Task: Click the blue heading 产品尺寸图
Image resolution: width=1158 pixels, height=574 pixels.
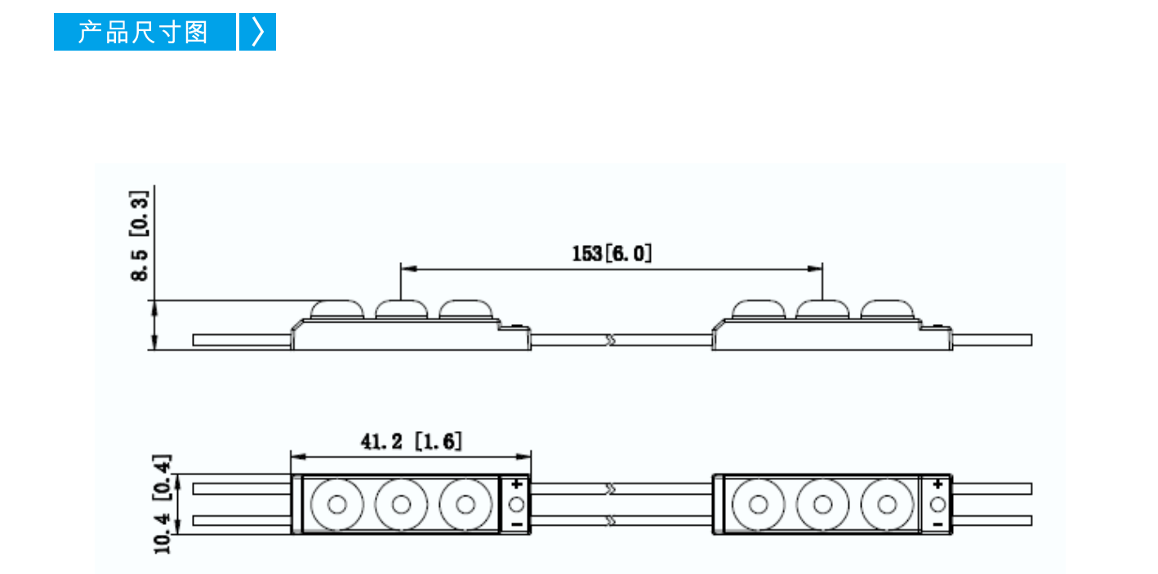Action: point(143,32)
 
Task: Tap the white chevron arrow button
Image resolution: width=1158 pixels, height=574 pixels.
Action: point(257,32)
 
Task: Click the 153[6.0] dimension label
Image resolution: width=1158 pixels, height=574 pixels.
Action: point(612,253)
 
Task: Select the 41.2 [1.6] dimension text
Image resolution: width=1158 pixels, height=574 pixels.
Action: point(411,441)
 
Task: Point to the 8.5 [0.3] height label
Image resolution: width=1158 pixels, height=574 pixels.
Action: point(140,236)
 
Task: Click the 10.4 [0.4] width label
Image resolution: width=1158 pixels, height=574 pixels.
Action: point(162,505)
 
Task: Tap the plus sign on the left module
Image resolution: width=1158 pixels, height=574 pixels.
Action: point(516,484)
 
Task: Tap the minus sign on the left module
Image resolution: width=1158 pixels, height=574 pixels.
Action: point(516,524)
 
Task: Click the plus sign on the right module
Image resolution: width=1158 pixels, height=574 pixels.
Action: point(938,484)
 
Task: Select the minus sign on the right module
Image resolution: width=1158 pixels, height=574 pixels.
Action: point(938,524)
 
